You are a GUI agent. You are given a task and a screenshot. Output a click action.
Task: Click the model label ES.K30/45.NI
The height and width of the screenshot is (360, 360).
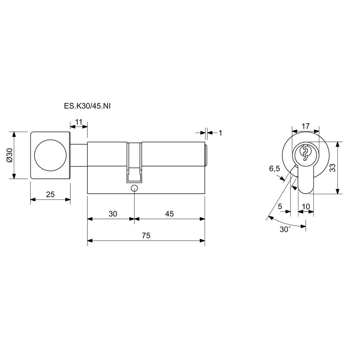pos(87,106)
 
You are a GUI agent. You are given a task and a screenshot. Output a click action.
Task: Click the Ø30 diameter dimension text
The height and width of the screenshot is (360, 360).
pos(9,155)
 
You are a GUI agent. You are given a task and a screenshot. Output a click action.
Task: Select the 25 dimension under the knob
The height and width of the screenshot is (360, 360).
pos(50,194)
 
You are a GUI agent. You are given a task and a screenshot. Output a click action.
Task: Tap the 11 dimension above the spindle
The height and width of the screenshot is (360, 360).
pos(79,122)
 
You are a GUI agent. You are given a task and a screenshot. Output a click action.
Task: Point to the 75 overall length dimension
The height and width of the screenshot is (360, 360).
pos(146,235)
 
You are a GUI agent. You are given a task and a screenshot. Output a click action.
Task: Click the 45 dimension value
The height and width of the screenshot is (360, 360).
pos(169,214)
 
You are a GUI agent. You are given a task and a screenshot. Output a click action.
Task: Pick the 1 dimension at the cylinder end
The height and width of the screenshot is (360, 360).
pos(220,133)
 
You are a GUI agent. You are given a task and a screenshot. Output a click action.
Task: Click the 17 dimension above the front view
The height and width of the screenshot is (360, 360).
pos(306,126)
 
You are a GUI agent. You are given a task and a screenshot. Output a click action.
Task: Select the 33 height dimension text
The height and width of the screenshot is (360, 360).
pos(333,168)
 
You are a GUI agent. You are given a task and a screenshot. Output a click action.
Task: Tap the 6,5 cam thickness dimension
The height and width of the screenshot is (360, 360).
pos(274,169)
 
